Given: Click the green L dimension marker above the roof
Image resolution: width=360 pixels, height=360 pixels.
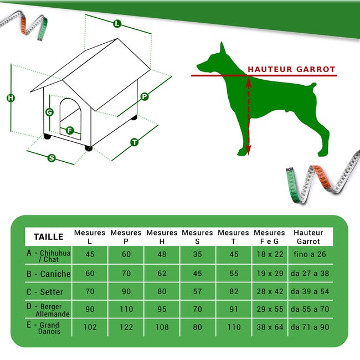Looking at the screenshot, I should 117,23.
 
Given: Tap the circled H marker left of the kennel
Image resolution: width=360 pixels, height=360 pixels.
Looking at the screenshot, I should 11,98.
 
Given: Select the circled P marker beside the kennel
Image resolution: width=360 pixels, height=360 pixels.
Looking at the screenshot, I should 145,96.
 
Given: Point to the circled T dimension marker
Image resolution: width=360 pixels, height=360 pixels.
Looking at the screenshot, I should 134,142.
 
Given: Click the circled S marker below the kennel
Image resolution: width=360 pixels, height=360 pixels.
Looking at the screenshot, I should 52,158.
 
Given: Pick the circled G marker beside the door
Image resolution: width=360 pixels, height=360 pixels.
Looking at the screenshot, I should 49,112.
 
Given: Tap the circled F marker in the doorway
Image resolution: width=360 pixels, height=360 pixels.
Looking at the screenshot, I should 70,131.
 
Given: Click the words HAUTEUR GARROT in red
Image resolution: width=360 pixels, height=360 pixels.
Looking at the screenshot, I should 291,70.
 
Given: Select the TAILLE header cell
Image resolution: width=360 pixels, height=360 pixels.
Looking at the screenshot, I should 48,236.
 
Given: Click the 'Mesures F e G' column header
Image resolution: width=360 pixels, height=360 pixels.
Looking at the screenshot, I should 269,236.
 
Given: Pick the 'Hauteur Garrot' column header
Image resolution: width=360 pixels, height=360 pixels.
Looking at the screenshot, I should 308,236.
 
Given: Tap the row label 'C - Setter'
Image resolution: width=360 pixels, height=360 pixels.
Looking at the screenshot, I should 45,292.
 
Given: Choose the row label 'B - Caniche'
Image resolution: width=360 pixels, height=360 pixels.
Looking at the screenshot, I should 48,274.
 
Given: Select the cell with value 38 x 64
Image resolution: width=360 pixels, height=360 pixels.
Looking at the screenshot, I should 269,327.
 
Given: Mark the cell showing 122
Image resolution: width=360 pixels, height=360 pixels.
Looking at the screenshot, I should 126,327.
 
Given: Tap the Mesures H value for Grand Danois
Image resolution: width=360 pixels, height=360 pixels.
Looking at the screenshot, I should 162,327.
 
